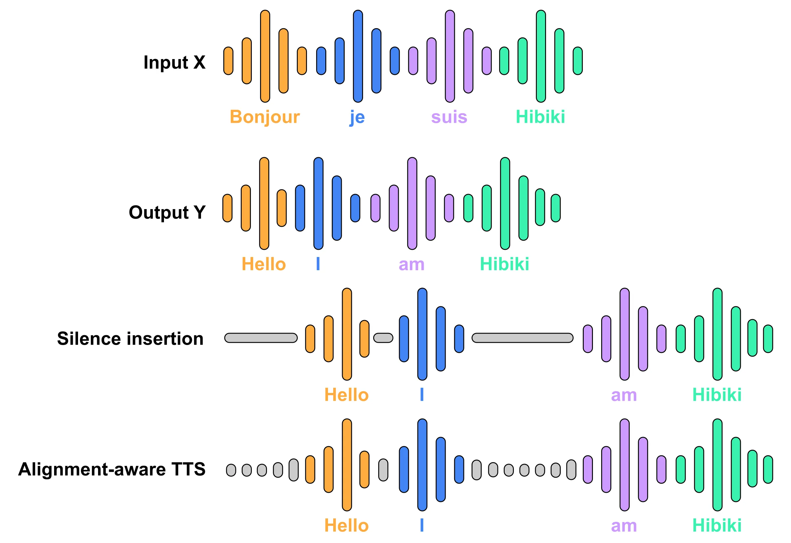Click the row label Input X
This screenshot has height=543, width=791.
pyautogui.click(x=174, y=63)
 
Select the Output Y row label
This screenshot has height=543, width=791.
pyautogui.click(x=167, y=212)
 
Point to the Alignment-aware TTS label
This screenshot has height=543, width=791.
pyautogui.click(x=112, y=469)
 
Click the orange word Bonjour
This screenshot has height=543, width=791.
pyautogui.click(x=264, y=117)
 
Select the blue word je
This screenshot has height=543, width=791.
pyautogui.click(x=357, y=118)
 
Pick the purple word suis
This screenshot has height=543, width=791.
pyautogui.click(x=449, y=117)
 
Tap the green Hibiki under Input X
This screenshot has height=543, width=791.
pyautogui.click(x=540, y=117)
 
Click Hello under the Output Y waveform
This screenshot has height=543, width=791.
pyautogui.click(x=263, y=264)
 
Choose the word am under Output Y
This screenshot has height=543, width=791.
pyautogui.click(x=412, y=265)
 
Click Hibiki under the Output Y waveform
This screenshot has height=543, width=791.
pyautogui.click(x=504, y=264)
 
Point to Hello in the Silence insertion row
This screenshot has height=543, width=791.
pyautogui.click(x=346, y=395)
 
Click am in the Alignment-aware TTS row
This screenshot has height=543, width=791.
pyautogui.click(x=623, y=526)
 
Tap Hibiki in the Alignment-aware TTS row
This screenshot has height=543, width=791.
pyautogui.click(x=717, y=526)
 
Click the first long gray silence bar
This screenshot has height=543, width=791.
pyautogui.click(x=261, y=338)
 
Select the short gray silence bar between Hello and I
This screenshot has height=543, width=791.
pyautogui.click(x=383, y=338)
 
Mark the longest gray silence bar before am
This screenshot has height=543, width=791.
pyautogui.click(x=522, y=338)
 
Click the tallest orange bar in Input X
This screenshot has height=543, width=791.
pyautogui.click(x=265, y=56)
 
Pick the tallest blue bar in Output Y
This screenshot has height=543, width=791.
pyautogui.click(x=318, y=203)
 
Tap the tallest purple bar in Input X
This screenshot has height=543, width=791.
pyautogui.click(x=450, y=56)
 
